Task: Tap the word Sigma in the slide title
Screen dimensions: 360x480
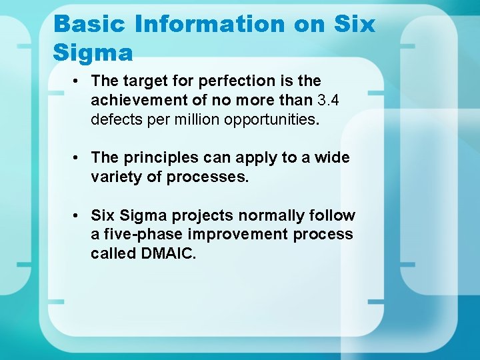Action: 93,51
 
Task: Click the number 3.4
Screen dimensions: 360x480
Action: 328,100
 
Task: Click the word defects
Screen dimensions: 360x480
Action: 116,119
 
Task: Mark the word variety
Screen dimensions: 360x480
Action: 115,177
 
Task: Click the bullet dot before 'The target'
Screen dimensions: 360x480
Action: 78,81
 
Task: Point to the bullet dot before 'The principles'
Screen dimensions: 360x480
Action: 78,158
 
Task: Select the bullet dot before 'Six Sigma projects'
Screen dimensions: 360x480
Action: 78,216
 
